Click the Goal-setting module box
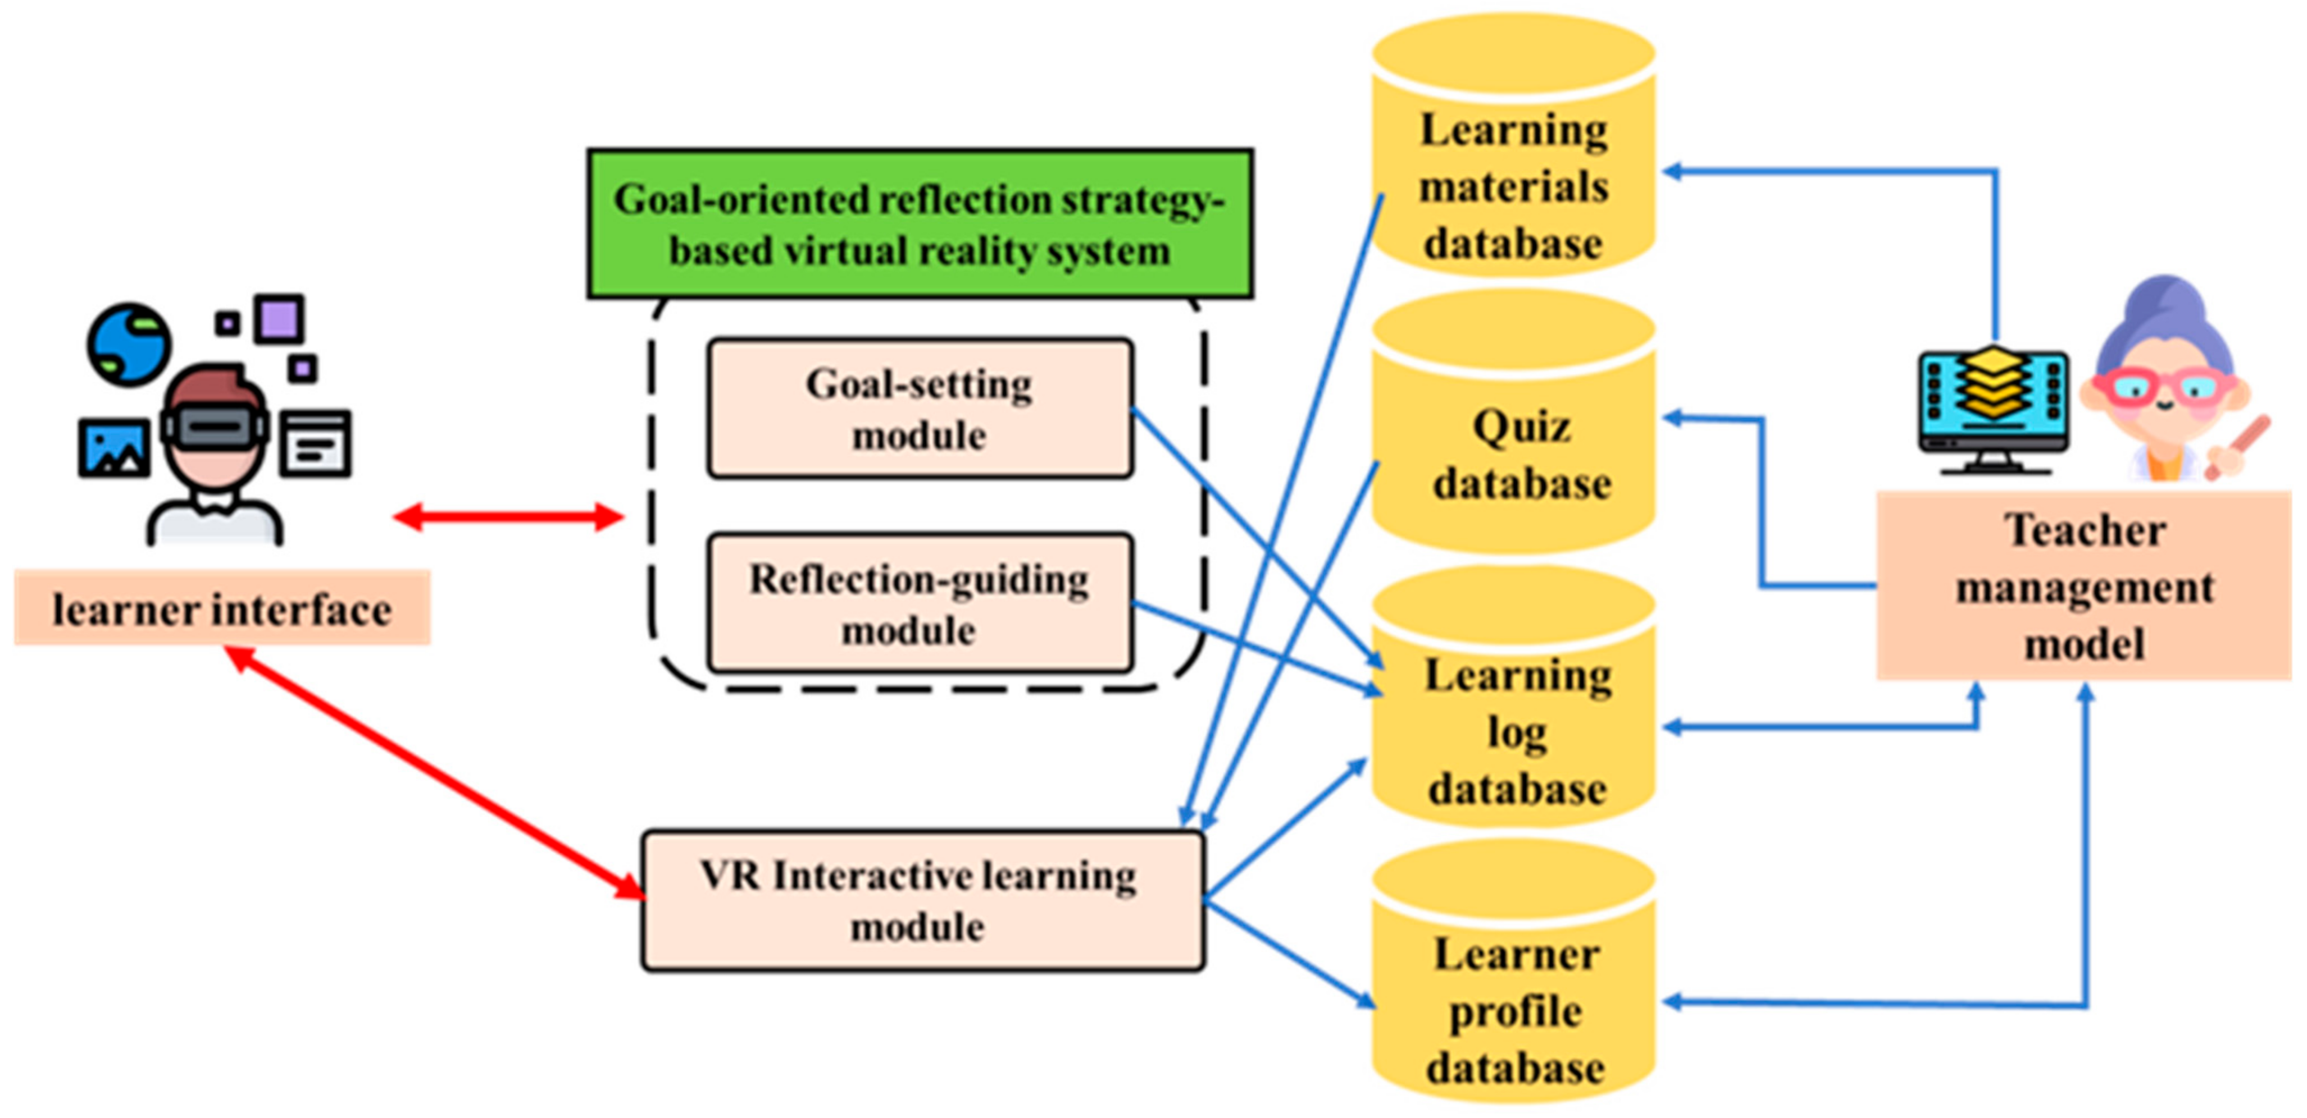[x=920, y=408]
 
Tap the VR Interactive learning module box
[x=922, y=900]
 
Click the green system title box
[x=920, y=224]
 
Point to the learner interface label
[x=222, y=609]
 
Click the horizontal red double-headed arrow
[x=508, y=516]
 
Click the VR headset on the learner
[x=215, y=428]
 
